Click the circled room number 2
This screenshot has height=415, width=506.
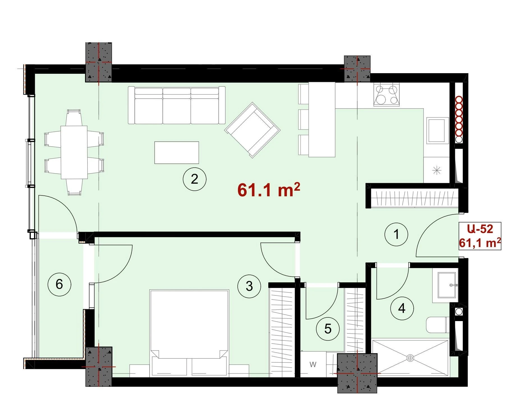[x=194, y=179]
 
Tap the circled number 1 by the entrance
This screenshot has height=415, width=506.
[x=396, y=234]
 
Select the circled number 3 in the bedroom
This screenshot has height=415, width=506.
[x=249, y=286]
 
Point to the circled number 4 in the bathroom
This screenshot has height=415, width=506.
[x=402, y=308]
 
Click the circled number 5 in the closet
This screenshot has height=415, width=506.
[x=328, y=329]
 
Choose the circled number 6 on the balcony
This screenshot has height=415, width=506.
[x=59, y=284]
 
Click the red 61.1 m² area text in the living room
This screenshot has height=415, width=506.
[x=269, y=190]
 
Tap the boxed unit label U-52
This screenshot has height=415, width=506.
[x=480, y=229]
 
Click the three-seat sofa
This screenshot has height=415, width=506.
[x=177, y=105]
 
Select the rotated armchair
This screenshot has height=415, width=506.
[x=252, y=130]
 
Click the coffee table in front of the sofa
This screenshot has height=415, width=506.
[x=177, y=153]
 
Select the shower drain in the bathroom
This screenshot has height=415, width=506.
[x=410, y=358]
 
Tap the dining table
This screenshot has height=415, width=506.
[x=74, y=152]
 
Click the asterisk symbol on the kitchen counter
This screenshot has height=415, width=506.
[x=437, y=170]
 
